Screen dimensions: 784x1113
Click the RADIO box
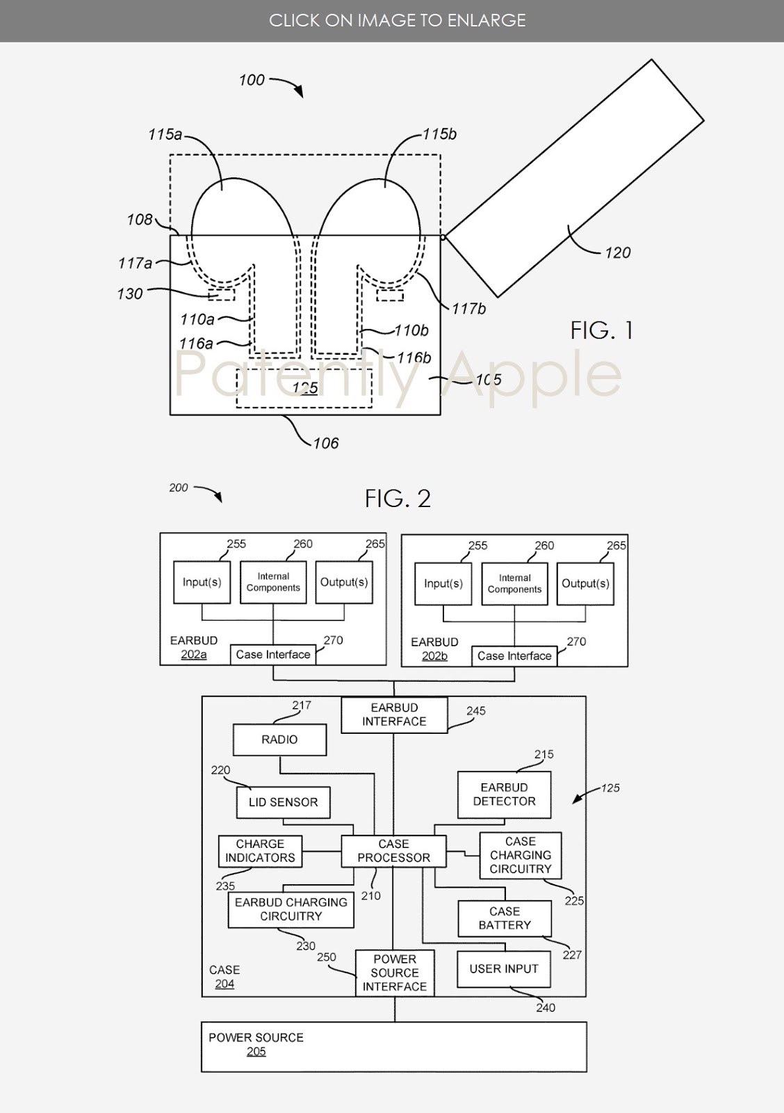click(x=279, y=740)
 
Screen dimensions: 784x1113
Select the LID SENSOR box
click(x=283, y=802)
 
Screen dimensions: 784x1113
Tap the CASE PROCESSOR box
click(x=394, y=851)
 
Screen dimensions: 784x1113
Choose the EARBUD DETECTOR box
click(x=504, y=794)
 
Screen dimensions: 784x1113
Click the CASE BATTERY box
click(x=505, y=918)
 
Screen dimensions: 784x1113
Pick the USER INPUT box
click(x=503, y=969)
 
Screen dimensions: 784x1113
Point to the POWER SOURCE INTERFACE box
click(x=395, y=973)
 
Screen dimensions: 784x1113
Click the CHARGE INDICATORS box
click(x=260, y=851)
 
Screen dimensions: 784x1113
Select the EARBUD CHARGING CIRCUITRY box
click(x=291, y=910)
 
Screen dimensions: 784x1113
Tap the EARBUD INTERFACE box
click(x=394, y=714)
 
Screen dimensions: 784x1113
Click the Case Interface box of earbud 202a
click(x=273, y=655)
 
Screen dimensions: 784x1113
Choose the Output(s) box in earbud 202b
click(x=585, y=584)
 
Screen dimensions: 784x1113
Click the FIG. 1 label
click(x=601, y=330)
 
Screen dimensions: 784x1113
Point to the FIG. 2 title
click(x=398, y=498)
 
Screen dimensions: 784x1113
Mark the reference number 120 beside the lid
click(x=617, y=253)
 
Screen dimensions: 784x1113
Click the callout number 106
click(x=326, y=443)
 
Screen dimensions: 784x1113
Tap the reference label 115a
click(x=165, y=134)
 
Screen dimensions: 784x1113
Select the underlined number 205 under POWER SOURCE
click(x=256, y=1051)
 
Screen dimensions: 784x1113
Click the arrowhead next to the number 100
click(x=299, y=92)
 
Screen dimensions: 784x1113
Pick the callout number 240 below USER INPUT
click(x=545, y=1008)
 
